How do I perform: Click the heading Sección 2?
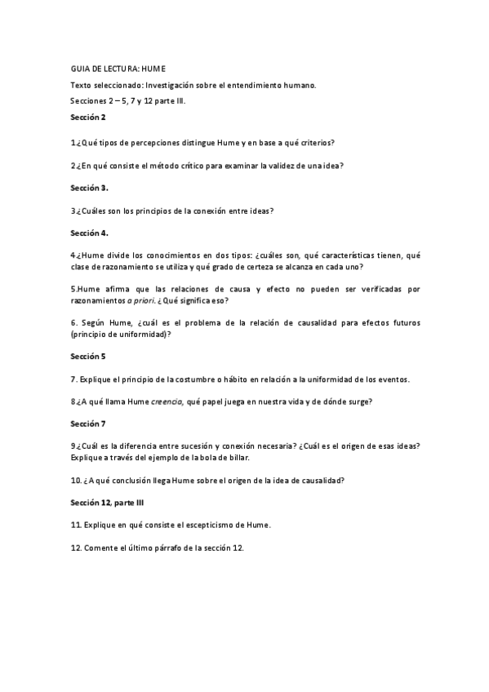(x=87, y=118)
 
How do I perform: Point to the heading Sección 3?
(x=88, y=188)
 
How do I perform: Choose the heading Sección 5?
(x=87, y=356)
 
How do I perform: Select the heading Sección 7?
(x=87, y=423)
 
